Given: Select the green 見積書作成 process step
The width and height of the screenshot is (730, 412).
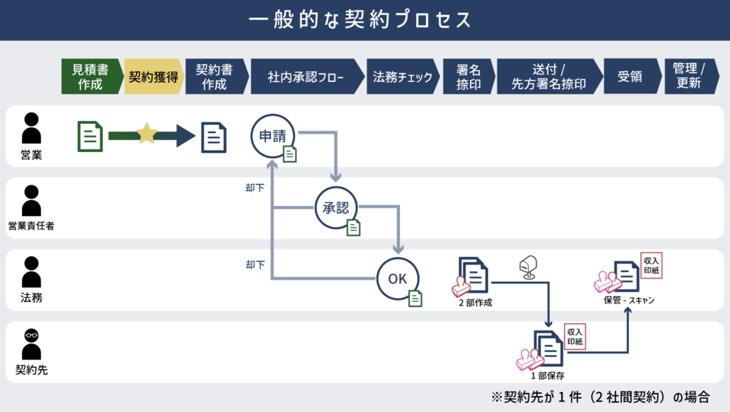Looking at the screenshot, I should (x=90, y=77).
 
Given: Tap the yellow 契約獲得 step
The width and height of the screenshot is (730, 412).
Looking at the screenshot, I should (x=152, y=77).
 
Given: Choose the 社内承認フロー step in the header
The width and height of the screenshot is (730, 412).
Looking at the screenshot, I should (x=305, y=77).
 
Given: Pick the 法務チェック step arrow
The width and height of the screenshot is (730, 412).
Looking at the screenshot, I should (x=402, y=77).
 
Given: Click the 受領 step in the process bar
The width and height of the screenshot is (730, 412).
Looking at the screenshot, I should (x=630, y=77).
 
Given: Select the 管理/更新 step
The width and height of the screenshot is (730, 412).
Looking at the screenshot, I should (x=689, y=77).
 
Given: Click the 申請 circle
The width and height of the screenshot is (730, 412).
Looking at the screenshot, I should (x=272, y=136).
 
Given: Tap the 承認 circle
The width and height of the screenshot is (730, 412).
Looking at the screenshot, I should (x=336, y=208).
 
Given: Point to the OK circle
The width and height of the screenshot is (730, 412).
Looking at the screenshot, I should (x=398, y=278).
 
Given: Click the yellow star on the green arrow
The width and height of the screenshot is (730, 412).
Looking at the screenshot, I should (x=146, y=135).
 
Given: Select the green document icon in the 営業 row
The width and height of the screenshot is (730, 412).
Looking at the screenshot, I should (x=90, y=136).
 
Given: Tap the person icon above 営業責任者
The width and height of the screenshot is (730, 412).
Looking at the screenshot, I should (x=31, y=201).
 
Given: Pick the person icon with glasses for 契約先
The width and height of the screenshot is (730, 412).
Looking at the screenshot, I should (x=31, y=344).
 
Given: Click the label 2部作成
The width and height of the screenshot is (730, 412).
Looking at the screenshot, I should (x=475, y=303).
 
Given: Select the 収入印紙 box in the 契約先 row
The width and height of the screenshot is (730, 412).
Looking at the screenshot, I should (x=575, y=336).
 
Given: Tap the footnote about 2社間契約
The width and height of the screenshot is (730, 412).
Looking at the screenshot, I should (x=601, y=397).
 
